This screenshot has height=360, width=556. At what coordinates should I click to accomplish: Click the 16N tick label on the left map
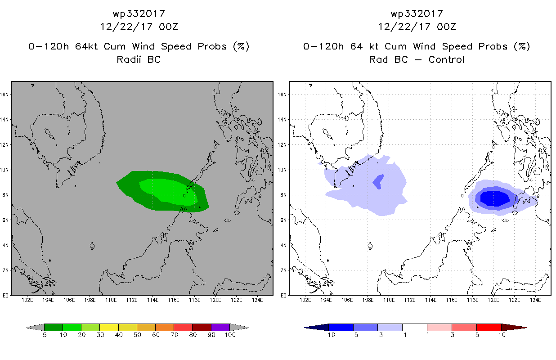click(x=4, y=94)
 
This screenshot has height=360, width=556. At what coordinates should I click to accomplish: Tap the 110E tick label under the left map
click(x=111, y=300)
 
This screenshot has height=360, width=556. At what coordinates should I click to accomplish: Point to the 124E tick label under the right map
click(x=535, y=300)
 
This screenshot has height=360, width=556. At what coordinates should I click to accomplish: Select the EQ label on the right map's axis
click(x=283, y=296)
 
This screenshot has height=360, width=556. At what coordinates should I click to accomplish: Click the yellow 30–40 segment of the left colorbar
click(x=109, y=327)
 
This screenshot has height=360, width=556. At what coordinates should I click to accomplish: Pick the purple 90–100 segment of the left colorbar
click(x=220, y=327)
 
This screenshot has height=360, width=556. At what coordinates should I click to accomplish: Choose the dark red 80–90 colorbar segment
click(x=202, y=327)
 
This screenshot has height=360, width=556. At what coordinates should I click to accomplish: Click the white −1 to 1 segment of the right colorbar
click(x=415, y=327)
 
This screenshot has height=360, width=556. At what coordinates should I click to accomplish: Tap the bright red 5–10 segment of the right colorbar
click(x=489, y=327)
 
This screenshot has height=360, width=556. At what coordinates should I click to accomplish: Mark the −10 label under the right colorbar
click(x=329, y=335)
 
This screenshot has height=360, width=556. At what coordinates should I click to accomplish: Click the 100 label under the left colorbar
click(x=230, y=335)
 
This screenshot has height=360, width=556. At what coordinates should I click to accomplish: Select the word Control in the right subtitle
click(x=446, y=59)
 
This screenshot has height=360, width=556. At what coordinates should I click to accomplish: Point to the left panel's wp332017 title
click(x=139, y=13)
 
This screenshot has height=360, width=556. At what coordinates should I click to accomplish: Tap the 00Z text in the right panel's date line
click(x=446, y=27)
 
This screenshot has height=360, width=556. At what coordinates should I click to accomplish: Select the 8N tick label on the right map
click(x=283, y=195)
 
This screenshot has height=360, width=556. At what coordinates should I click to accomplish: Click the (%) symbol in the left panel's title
click(x=241, y=46)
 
